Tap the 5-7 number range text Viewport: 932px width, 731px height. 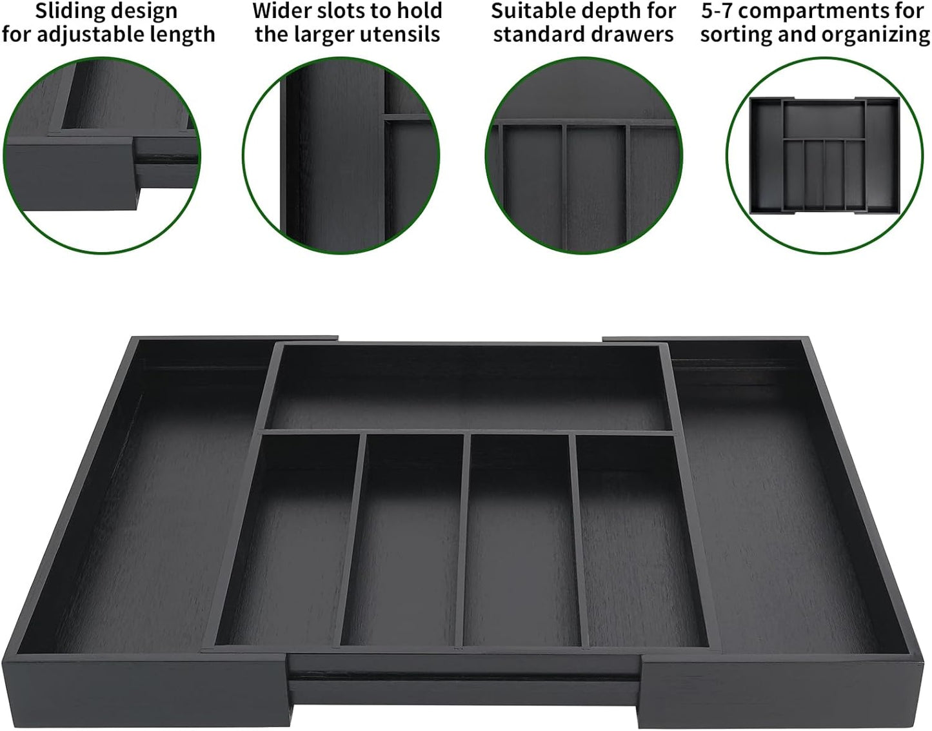point(717,11)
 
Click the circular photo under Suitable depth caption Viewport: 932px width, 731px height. point(584,155)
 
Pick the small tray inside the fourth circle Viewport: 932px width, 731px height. point(825,155)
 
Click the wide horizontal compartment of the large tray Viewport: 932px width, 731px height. point(466,387)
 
